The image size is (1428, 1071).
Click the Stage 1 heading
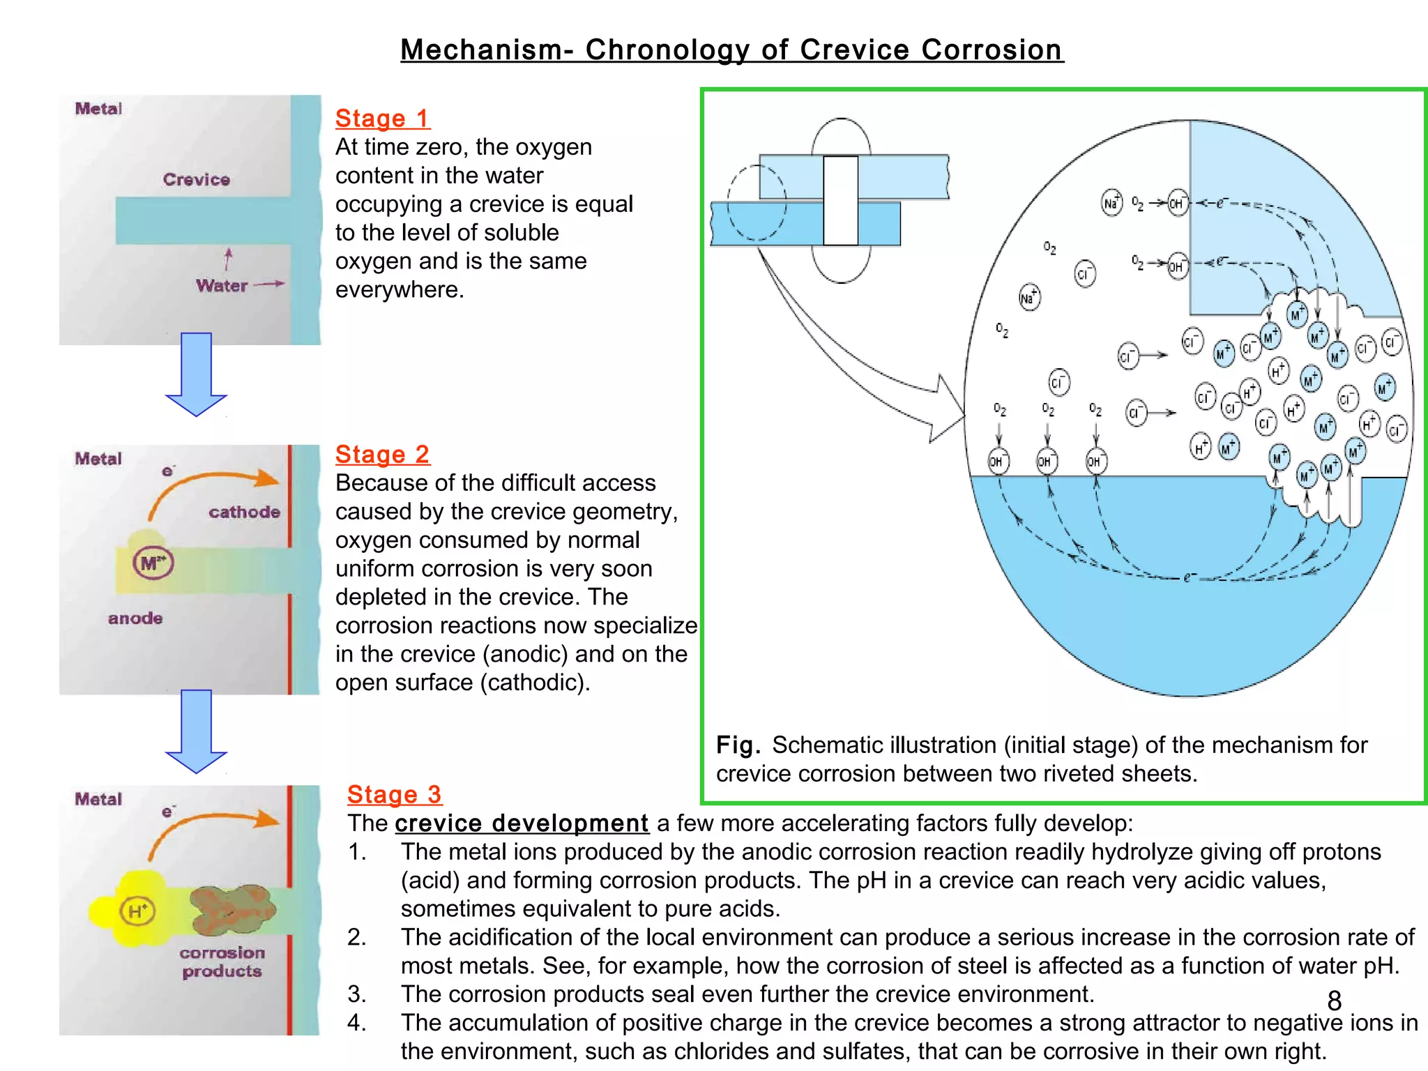click(382, 119)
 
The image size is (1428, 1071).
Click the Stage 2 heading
click(382, 455)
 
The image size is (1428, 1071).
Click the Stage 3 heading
click(394, 794)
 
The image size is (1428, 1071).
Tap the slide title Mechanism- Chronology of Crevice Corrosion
click(731, 50)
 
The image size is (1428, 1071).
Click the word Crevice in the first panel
click(196, 180)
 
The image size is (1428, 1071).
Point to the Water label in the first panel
click(222, 286)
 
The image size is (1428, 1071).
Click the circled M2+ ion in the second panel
click(153, 563)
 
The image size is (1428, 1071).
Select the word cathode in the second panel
click(244, 512)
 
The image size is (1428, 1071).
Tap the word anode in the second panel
click(135, 618)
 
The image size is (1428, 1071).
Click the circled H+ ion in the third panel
click(137, 911)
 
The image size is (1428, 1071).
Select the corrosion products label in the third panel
click(222, 962)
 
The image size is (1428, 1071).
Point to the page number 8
click(1334, 1001)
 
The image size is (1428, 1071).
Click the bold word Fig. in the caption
click(738, 745)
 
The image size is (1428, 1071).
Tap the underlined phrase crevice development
click(522, 823)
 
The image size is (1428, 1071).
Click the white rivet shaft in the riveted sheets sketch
click(840, 201)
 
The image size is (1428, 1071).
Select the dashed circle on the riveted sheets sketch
click(757, 202)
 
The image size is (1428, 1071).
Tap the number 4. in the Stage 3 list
click(356, 1023)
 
